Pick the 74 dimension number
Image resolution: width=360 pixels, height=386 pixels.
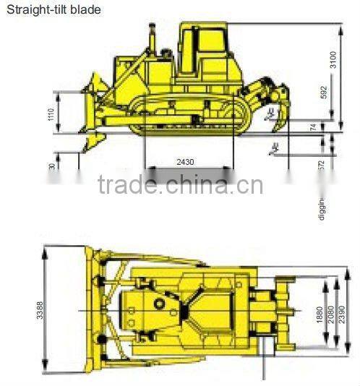(x=333, y=128)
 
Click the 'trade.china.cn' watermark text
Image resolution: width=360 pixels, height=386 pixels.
(x=180, y=186)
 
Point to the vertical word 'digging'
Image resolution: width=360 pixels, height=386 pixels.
(x=322, y=207)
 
